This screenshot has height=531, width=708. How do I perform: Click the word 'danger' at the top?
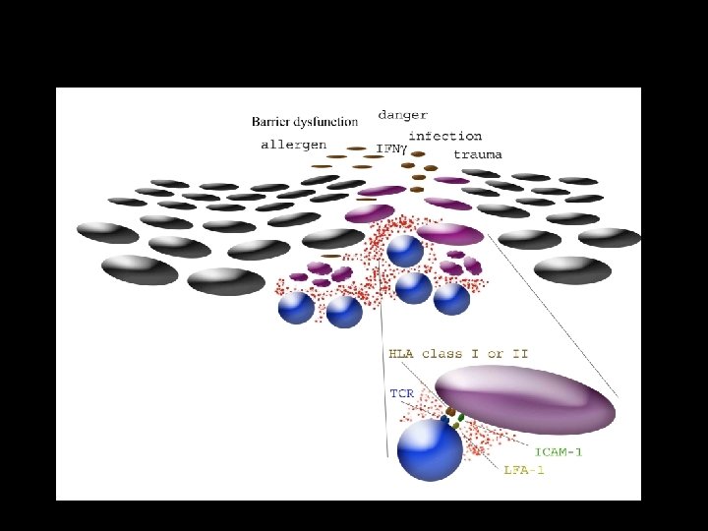coord(403,115)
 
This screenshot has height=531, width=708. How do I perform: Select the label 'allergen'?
coord(293,145)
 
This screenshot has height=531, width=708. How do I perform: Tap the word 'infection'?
coord(444,136)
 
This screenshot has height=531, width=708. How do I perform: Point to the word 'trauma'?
coord(478,154)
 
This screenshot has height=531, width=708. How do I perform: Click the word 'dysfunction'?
coord(328,122)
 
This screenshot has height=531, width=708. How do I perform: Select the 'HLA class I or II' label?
coord(458,353)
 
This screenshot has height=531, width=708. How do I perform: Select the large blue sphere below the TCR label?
coord(430,450)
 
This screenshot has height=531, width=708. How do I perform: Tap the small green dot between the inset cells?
coord(461,417)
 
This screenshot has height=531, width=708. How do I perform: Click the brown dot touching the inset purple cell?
coord(450,410)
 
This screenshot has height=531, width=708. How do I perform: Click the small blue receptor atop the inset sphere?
coord(444,420)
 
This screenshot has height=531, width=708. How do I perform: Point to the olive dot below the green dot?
coord(455,426)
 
